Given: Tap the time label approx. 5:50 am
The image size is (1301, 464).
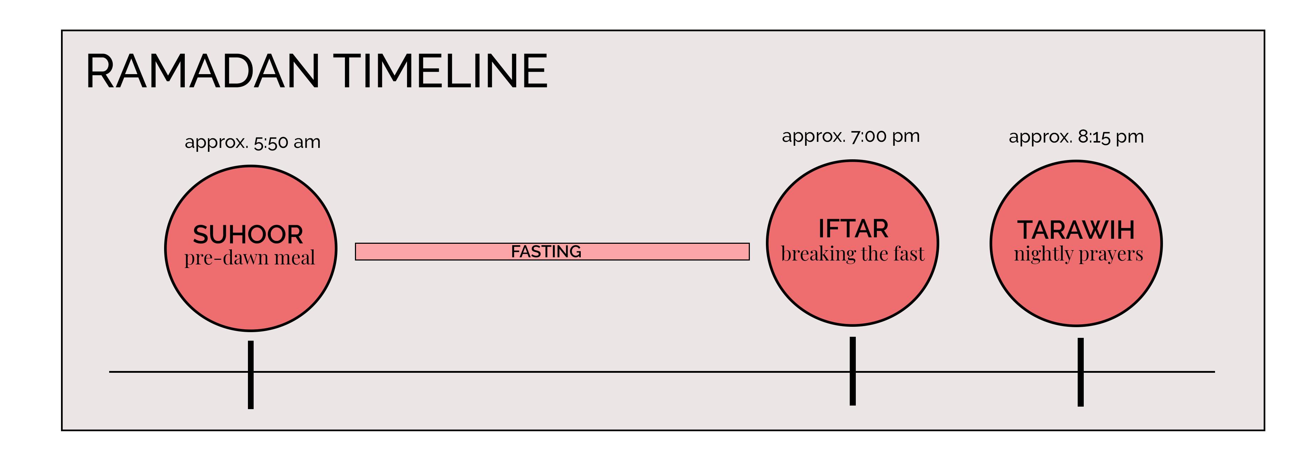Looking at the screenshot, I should tap(253, 142).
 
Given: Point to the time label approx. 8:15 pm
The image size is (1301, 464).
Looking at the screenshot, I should tap(1076, 137).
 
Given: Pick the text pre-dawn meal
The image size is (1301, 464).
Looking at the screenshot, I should tap(249, 258).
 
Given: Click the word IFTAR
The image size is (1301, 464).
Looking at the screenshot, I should tap(853, 229).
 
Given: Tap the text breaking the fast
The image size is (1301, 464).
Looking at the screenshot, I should tap(853, 254).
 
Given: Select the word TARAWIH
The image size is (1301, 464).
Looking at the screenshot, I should tap(1076, 231).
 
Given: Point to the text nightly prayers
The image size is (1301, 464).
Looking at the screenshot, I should tap(1078, 254).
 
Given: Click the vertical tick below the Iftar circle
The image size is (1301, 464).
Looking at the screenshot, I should tap(853, 371).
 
